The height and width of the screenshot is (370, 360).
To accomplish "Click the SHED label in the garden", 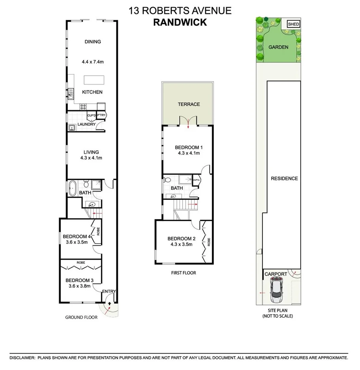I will pyautogui.click(x=293, y=24).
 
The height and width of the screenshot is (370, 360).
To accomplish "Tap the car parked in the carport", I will pyautogui.click(x=277, y=290).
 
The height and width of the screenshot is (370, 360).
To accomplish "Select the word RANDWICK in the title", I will pyautogui.click(x=180, y=22).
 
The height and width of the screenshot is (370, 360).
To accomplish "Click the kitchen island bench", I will pyautogui.click(x=94, y=80).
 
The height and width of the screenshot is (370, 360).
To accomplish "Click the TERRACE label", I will pyautogui.click(x=188, y=104).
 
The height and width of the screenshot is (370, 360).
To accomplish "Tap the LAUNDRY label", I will pyautogui.click(x=87, y=124).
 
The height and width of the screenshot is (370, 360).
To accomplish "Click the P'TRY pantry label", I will pyautogui.click(x=102, y=115).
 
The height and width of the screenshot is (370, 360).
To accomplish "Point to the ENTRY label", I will pyautogui.click(x=109, y=292).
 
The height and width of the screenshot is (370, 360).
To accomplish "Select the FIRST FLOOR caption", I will pyautogui.click(x=184, y=273).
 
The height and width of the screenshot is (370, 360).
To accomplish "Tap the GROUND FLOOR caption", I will pyautogui.click(x=81, y=317).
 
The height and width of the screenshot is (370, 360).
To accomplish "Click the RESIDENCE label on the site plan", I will pyautogui.click(x=284, y=178).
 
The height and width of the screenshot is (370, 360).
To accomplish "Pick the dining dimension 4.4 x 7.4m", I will pyautogui.click(x=92, y=62).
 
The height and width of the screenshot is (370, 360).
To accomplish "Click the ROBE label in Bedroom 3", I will pyautogui.click(x=81, y=262).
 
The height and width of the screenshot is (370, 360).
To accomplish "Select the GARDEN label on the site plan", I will pyautogui.click(x=278, y=47).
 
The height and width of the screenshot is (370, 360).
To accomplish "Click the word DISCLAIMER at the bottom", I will pyautogui.click(x=22, y=358).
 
